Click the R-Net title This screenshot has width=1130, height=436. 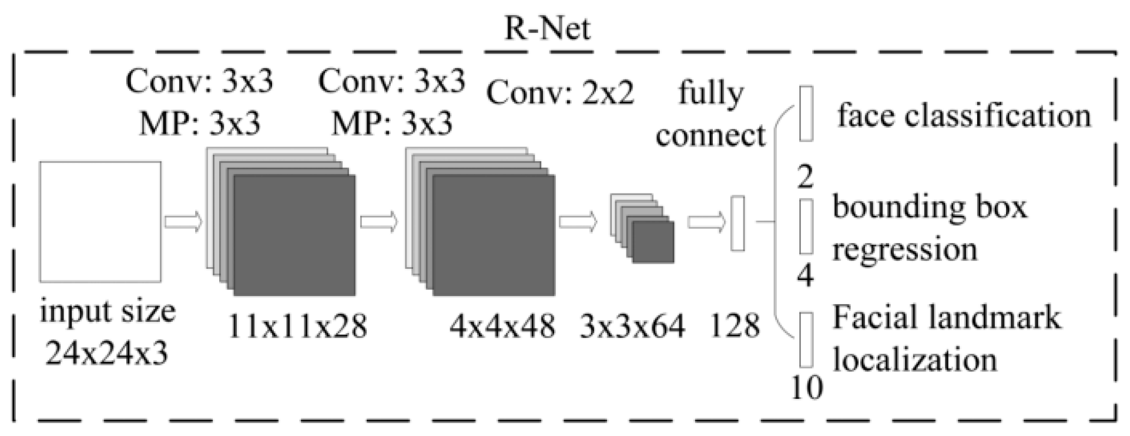[547, 28]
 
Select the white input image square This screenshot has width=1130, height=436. [100, 221]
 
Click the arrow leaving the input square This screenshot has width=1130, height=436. [183, 222]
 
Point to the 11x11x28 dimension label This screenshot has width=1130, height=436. [297, 325]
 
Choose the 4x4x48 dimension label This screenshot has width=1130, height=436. [502, 325]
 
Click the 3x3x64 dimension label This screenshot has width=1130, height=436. [632, 325]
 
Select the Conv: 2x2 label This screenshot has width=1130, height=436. [561, 93]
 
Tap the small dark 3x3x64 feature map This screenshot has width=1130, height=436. [653, 241]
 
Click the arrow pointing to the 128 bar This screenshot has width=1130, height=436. [706, 222]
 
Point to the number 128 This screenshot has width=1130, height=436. [735, 325]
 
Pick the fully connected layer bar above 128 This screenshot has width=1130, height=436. [737, 224]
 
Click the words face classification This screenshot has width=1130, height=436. [964, 115]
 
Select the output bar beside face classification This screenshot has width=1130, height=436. [806, 113]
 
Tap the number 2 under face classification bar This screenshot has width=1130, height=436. [805, 176]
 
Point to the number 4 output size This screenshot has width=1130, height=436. [805, 275]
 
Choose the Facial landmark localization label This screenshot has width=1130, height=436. [946, 339]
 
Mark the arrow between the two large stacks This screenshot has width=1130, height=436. [379, 222]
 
